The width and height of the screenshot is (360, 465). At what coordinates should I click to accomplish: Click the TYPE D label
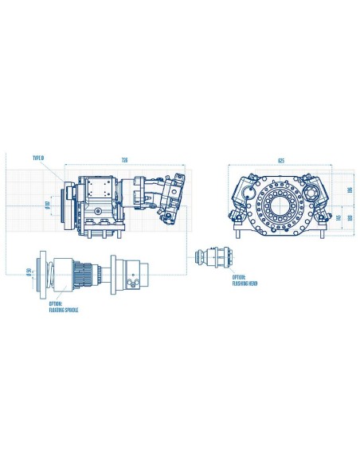(x=38, y=158)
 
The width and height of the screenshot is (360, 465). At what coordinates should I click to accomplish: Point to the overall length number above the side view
(x=123, y=160)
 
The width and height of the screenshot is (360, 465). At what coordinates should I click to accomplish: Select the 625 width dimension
(x=280, y=160)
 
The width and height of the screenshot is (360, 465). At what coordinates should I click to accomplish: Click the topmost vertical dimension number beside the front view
(x=349, y=191)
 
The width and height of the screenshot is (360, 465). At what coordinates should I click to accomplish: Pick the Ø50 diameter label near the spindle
(x=29, y=275)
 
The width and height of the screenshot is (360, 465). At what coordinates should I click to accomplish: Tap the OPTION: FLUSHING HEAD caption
(x=241, y=280)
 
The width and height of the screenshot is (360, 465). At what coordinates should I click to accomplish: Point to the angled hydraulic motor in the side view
(x=166, y=195)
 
